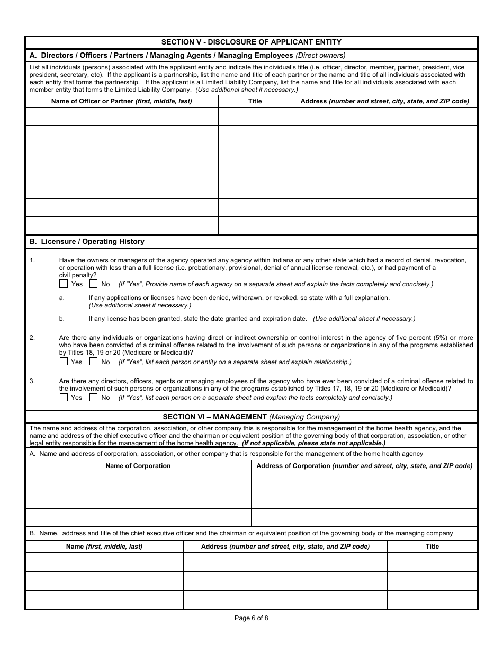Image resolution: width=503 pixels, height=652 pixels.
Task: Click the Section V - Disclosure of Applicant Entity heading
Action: (x=251, y=42)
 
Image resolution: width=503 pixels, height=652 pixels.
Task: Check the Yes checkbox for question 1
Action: (x=64, y=284)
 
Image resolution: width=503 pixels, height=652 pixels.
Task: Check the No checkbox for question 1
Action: (x=94, y=284)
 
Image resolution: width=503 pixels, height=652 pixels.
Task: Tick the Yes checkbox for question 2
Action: (x=64, y=362)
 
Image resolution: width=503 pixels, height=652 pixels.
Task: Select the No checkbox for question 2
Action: (x=94, y=362)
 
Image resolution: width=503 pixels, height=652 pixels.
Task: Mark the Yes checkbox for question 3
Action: (x=64, y=397)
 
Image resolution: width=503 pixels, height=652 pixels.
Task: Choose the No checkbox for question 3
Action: (x=94, y=397)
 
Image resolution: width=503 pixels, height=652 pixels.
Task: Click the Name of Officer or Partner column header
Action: (x=121, y=101)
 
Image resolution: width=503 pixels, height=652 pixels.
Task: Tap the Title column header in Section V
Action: (x=255, y=101)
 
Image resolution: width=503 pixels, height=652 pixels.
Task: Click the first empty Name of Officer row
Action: (x=122, y=116)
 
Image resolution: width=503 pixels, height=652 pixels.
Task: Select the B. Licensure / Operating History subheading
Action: (x=87, y=241)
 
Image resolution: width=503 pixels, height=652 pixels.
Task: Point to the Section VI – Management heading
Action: (x=251, y=417)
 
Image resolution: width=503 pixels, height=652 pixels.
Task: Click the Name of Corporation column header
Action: (x=138, y=466)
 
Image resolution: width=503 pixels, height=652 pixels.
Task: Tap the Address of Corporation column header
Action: (x=364, y=466)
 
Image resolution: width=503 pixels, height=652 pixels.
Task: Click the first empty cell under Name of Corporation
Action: (x=138, y=481)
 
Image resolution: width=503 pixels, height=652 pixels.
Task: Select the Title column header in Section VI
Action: (x=432, y=546)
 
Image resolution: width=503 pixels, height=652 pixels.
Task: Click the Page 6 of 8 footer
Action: (x=251, y=617)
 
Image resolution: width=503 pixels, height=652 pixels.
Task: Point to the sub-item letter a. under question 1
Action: (x=62, y=298)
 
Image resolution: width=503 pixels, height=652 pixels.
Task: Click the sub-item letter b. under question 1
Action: (x=62, y=319)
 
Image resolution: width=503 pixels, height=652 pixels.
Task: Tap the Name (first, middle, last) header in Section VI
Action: (x=104, y=546)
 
